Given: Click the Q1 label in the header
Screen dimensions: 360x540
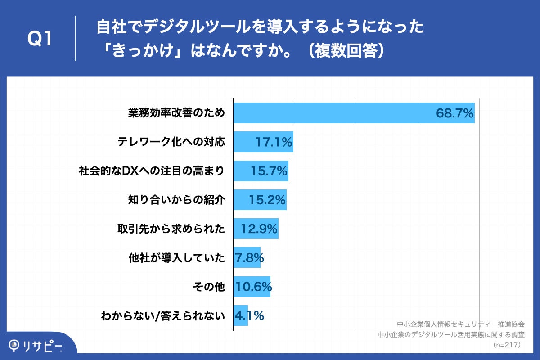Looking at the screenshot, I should point(40,39).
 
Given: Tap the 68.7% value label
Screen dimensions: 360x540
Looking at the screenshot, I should point(454,113).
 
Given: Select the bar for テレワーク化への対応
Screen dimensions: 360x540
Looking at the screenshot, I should point(263,142).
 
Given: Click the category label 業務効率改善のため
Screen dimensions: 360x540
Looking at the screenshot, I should point(176,113).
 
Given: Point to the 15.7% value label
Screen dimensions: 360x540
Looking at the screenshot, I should point(268,171).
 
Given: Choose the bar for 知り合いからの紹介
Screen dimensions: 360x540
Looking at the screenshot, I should point(260,200).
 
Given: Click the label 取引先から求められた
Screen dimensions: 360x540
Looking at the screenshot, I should point(171,229).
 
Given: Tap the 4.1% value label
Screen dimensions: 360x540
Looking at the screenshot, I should point(249,315).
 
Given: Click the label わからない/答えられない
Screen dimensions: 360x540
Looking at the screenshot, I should point(163,315).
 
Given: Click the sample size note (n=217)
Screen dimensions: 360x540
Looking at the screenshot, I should point(507,345).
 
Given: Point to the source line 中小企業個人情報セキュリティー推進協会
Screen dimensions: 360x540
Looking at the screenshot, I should point(461,324).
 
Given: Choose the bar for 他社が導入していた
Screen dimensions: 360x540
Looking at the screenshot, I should point(247,258).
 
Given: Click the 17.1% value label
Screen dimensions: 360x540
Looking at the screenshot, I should point(274,143).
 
